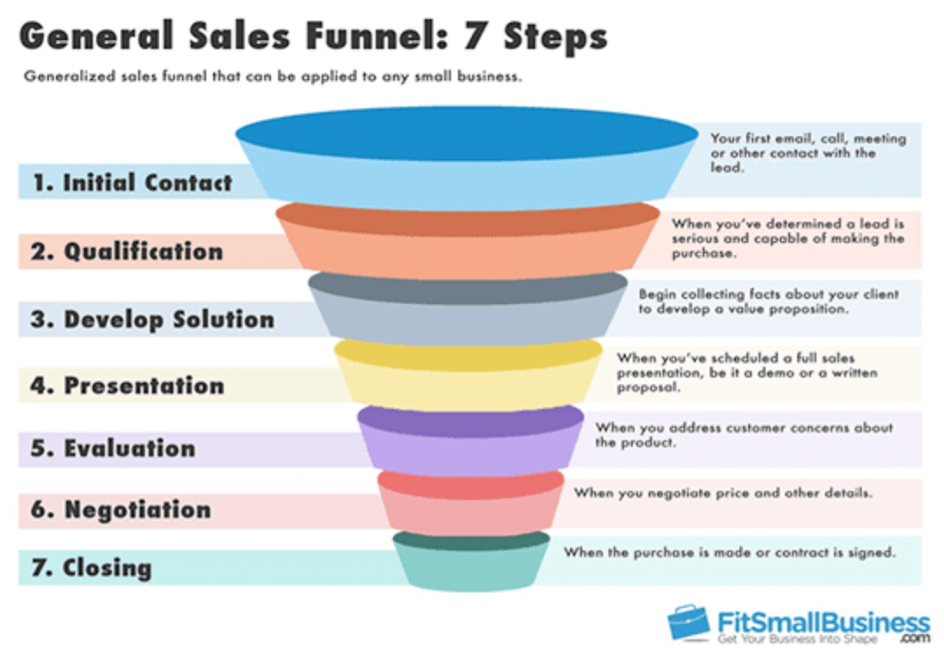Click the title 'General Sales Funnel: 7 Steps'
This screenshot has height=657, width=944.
(x=313, y=37)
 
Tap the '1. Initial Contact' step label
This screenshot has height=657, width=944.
(x=133, y=183)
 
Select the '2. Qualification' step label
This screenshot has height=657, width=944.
(x=128, y=252)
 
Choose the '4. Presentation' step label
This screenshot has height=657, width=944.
(x=128, y=385)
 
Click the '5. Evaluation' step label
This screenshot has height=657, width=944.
(x=113, y=448)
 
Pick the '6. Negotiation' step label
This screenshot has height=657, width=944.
(x=121, y=509)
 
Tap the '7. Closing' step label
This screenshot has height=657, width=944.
(x=92, y=568)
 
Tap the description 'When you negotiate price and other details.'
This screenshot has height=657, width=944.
(x=723, y=493)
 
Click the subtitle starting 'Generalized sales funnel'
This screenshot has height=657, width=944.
(x=273, y=76)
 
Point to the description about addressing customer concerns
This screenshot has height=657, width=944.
(x=744, y=435)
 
